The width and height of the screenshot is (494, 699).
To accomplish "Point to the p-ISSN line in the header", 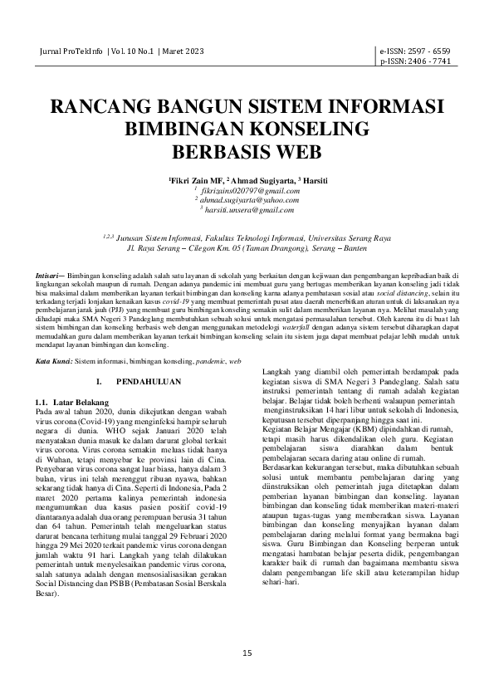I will [x=415, y=61].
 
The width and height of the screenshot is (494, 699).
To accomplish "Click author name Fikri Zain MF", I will [x=196, y=179].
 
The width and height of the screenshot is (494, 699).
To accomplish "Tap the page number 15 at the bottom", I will [x=247, y=653].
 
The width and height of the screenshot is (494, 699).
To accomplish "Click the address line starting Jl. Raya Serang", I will [x=247, y=247].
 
